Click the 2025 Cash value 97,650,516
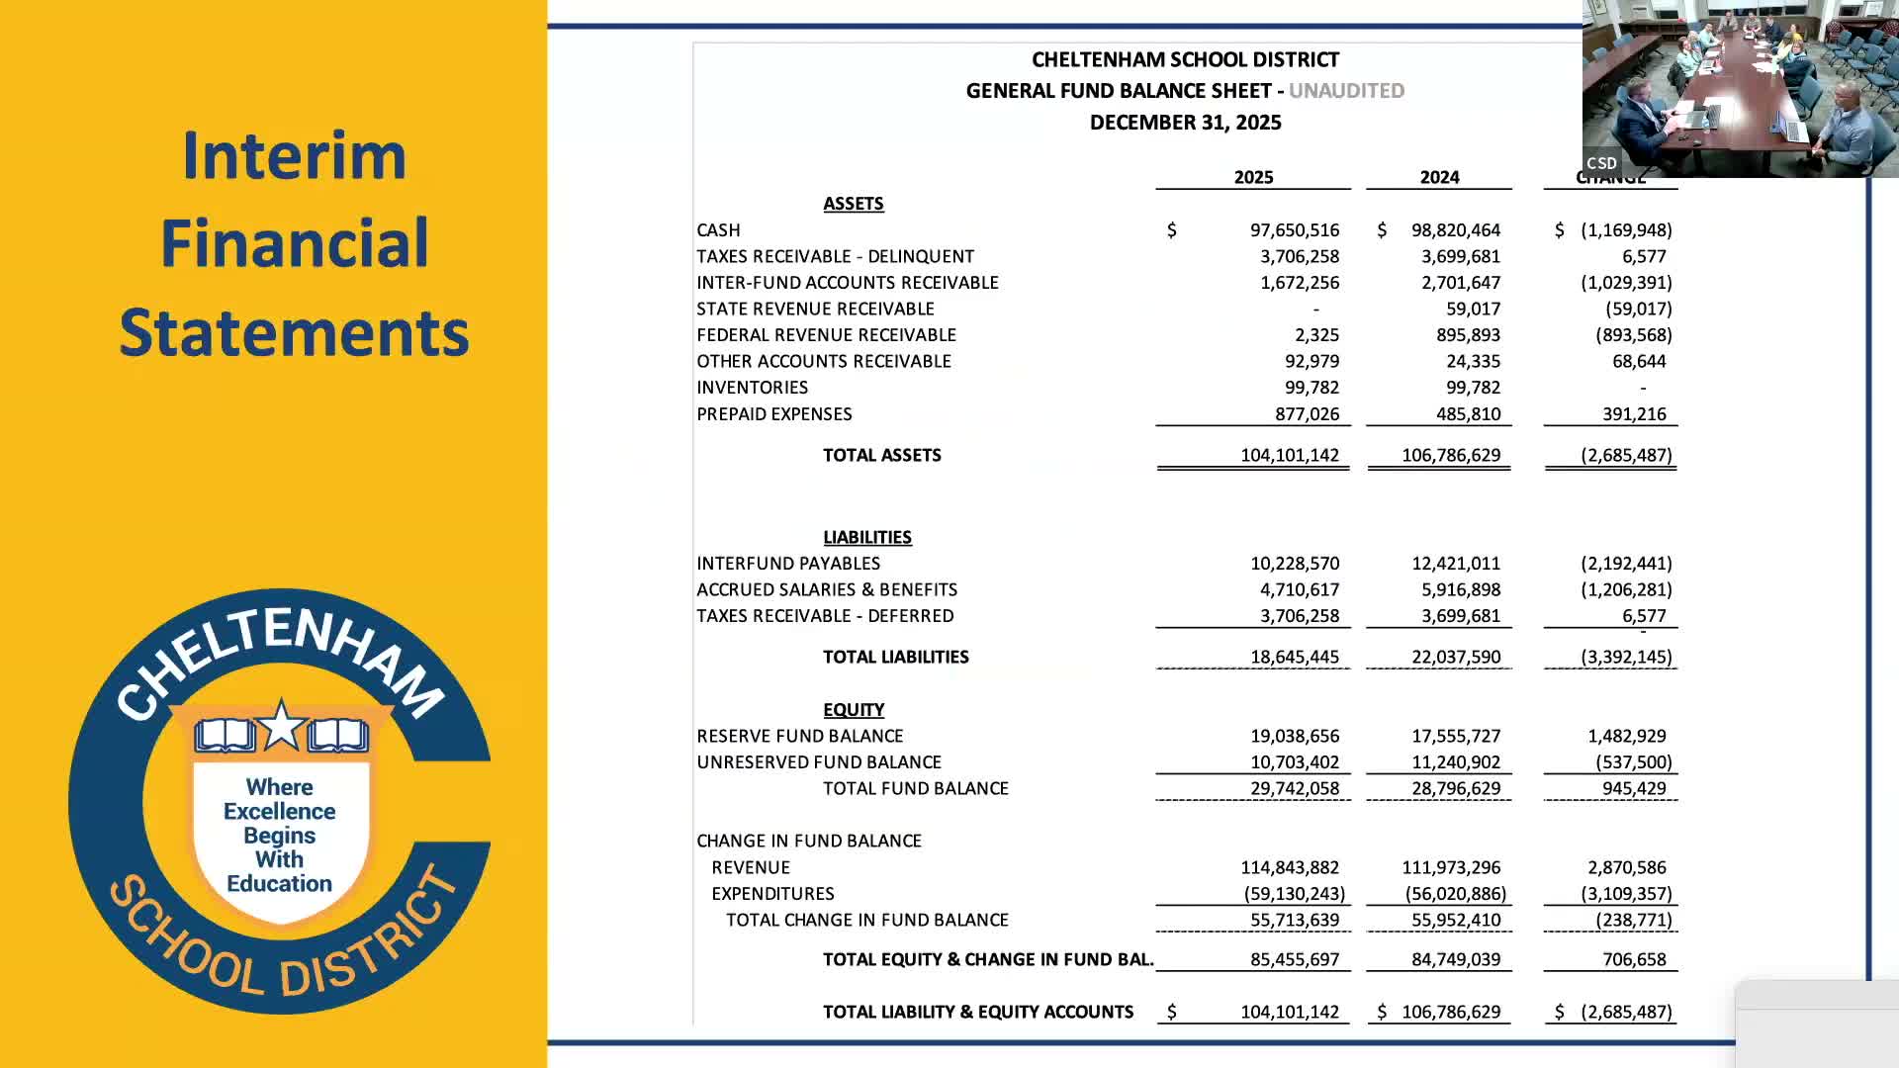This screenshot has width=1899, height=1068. click(1294, 230)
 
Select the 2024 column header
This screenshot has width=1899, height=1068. click(1439, 178)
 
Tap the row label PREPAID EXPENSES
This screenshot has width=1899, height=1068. click(773, 414)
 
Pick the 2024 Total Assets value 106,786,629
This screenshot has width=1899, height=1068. click(1450, 456)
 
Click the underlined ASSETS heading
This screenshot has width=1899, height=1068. click(853, 204)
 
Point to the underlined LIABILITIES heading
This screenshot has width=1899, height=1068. click(866, 538)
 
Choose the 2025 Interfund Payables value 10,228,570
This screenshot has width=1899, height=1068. click(1294, 564)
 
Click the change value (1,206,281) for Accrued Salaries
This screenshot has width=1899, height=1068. click(1625, 590)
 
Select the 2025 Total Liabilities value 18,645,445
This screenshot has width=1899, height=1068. click(1294, 658)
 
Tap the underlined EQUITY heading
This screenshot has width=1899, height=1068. click(853, 710)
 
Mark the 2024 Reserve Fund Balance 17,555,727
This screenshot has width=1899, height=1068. click(1455, 737)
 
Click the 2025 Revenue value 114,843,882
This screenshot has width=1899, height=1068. click(1289, 868)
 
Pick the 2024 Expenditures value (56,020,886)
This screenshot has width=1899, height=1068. click(1455, 894)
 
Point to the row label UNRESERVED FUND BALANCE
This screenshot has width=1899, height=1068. click(818, 762)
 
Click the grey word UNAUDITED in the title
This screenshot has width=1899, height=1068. click(1345, 91)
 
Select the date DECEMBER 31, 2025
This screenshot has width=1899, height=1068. click(1185, 123)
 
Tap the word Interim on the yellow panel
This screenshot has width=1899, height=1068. click(294, 156)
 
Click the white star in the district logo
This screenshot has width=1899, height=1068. click(281, 725)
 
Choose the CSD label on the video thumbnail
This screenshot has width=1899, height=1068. click(1601, 163)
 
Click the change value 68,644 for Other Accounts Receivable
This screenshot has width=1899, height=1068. click(1638, 362)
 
